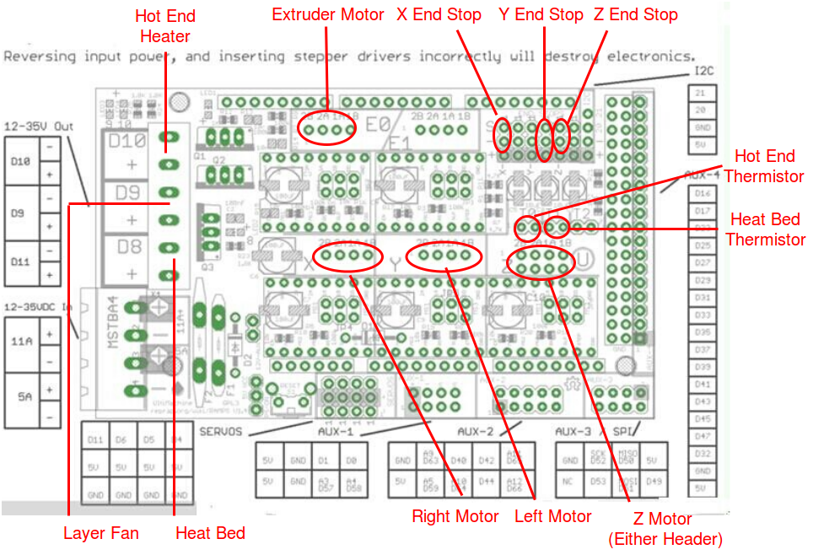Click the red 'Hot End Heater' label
click(164, 25)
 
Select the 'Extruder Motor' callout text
click(327, 14)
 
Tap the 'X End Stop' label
click(439, 14)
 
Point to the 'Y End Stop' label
click(541, 14)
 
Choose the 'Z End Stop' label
click(635, 14)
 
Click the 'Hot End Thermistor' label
click(764, 165)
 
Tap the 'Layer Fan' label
click(101, 533)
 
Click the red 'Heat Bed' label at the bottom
click(210, 533)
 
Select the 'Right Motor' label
click(455, 515)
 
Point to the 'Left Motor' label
click(552, 515)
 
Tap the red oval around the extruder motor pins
click(326, 130)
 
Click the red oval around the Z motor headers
click(541, 263)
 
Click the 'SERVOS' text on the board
click(222, 431)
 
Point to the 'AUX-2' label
click(476, 431)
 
